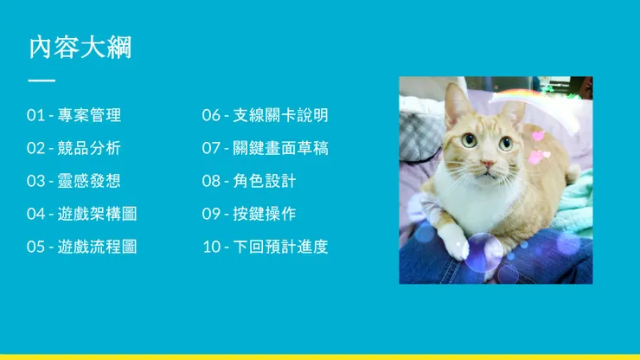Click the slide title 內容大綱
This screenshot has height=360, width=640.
pyautogui.click(x=80, y=48)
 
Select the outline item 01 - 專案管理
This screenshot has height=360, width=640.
pyautogui.click(x=74, y=115)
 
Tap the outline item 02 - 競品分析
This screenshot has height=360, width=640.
pyautogui.click(x=74, y=148)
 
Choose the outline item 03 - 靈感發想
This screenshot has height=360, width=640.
pyautogui.click(x=74, y=181)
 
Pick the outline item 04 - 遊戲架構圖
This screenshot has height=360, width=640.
pyautogui.click(x=81, y=214)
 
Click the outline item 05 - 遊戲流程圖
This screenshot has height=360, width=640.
pyautogui.click(x=81, y=247)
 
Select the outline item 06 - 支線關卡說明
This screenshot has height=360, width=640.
pyautogui.click(x=266, y=115)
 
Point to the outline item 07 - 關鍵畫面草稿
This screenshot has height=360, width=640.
pyautogui.click(x=266, y=148)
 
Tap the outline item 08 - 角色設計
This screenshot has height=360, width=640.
pyautogui.click(x=249, y=181)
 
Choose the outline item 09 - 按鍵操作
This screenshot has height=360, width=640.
pyautogui.click(x=249, y=214)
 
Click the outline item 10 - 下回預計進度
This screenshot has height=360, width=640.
pyautogui.click(x=266, y=247)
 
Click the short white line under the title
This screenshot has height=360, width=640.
pyautogui.click(x=42, y=80)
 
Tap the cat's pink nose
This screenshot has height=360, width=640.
pyautogui.click(x=488, y=164)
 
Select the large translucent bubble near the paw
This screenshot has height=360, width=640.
pyautogui.click(x=484, y=253)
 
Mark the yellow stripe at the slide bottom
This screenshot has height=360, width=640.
pyautogui.click(x=320, y=357)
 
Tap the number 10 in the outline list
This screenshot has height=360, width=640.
pyautogui.click(x=212, y=247)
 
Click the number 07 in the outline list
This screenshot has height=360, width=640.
pyautogui.click(x=211, y=148)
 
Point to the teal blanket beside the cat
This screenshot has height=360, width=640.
pyautogui.click(x=573, y=204)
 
